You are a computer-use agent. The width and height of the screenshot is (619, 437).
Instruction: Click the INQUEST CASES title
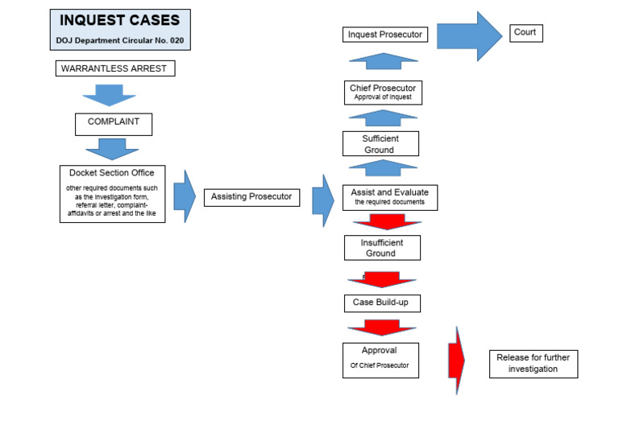[x=120, y=20]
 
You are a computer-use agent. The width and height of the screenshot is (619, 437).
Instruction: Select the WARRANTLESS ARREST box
[x=114, y=68]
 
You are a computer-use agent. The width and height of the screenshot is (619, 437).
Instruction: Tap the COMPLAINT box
[x=114, y=122]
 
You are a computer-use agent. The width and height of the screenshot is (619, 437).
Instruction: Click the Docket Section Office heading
[x=111, y=173]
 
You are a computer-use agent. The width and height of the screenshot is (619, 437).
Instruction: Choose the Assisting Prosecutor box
[x=251, y=196]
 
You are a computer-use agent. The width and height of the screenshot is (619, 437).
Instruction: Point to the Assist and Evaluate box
[x=390, y=197]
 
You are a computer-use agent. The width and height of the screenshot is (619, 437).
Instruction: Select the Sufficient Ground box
[x=380, y=143]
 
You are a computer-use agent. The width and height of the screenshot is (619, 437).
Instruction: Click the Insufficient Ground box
[x=382, y=248]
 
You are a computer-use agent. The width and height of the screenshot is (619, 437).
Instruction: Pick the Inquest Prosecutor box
[x=385, y=35]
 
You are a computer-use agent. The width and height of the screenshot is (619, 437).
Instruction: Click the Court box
[x=526, y=33]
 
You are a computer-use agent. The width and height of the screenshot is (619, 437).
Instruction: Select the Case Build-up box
[x=381, y=303]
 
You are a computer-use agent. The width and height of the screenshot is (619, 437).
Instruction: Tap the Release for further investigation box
[x=533, y=363]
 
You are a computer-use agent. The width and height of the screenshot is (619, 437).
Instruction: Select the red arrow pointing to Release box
[x=456, y=360]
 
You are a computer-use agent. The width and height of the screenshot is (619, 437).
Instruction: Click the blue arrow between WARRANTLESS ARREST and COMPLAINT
[x=109, y=95]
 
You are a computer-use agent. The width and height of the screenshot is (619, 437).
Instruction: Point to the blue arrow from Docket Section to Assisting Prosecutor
[x=184, y=196]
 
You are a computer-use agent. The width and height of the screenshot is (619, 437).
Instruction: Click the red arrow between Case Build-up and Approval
[x=382, y=327]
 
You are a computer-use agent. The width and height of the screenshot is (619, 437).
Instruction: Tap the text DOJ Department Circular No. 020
[x=120, y=39]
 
